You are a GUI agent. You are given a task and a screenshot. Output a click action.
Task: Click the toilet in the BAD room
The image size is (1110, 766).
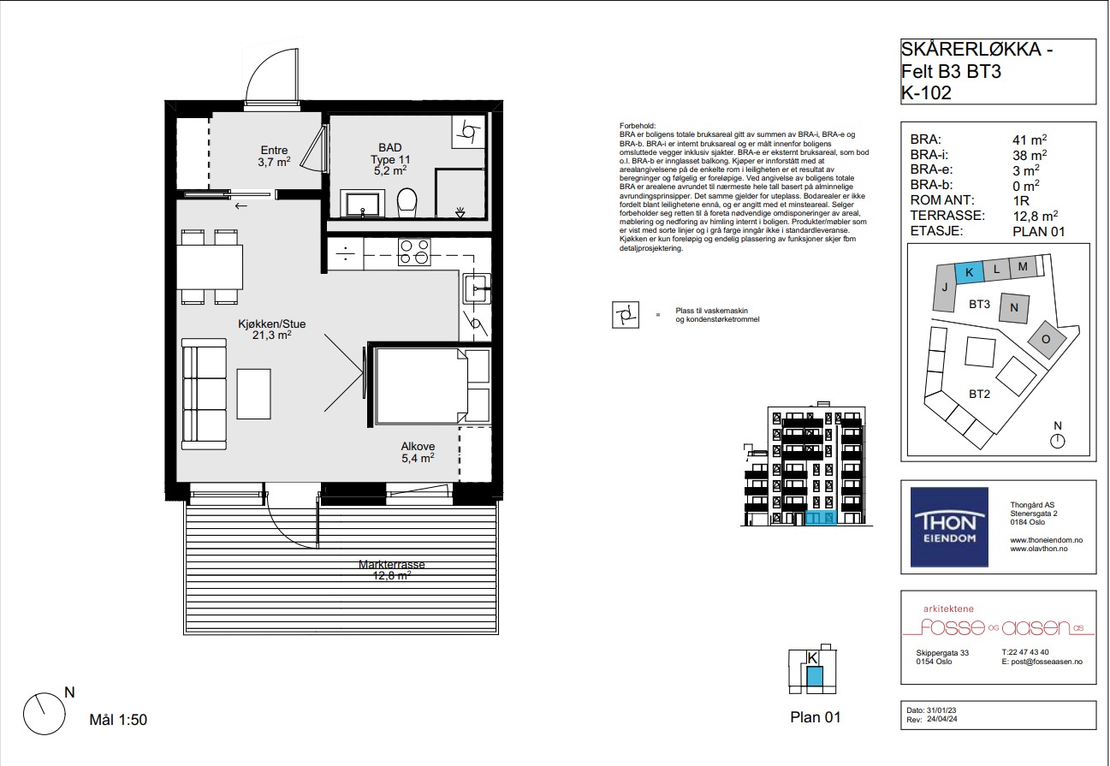(x=407, y=202)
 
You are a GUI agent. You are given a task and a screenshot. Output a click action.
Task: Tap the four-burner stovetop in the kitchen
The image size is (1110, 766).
(x=414, y=252)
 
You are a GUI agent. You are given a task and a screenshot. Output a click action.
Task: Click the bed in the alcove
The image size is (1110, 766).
(x=421, y=386)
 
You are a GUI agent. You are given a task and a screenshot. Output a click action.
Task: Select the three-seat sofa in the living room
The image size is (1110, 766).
(x=205, y=394)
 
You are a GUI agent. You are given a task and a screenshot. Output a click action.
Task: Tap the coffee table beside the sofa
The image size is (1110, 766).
(x=253, y=394)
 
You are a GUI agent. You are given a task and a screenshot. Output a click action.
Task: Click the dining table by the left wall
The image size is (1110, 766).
(x=210, y=267)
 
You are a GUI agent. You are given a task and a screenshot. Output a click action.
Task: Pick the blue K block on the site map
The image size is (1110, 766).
(x=969, y=272)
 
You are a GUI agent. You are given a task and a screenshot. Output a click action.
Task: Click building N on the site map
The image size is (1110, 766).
(x=1014, y=308)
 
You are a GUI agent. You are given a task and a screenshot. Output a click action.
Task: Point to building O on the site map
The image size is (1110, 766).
(x=1046, y=340)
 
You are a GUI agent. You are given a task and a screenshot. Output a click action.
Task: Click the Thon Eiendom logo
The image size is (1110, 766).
(x=949, y=526)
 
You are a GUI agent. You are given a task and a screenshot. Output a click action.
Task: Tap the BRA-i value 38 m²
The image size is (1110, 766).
(x=1030, y=155)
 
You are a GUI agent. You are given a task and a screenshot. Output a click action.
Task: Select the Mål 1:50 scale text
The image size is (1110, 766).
(x=118, y=720)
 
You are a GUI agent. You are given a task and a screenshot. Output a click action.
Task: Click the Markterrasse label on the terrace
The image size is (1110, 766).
(x=391, y=564)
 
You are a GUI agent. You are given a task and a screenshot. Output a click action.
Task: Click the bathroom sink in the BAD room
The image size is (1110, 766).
(x=362, y=205)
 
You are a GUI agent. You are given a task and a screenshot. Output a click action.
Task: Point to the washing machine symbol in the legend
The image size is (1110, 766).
(x=626, y=315)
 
